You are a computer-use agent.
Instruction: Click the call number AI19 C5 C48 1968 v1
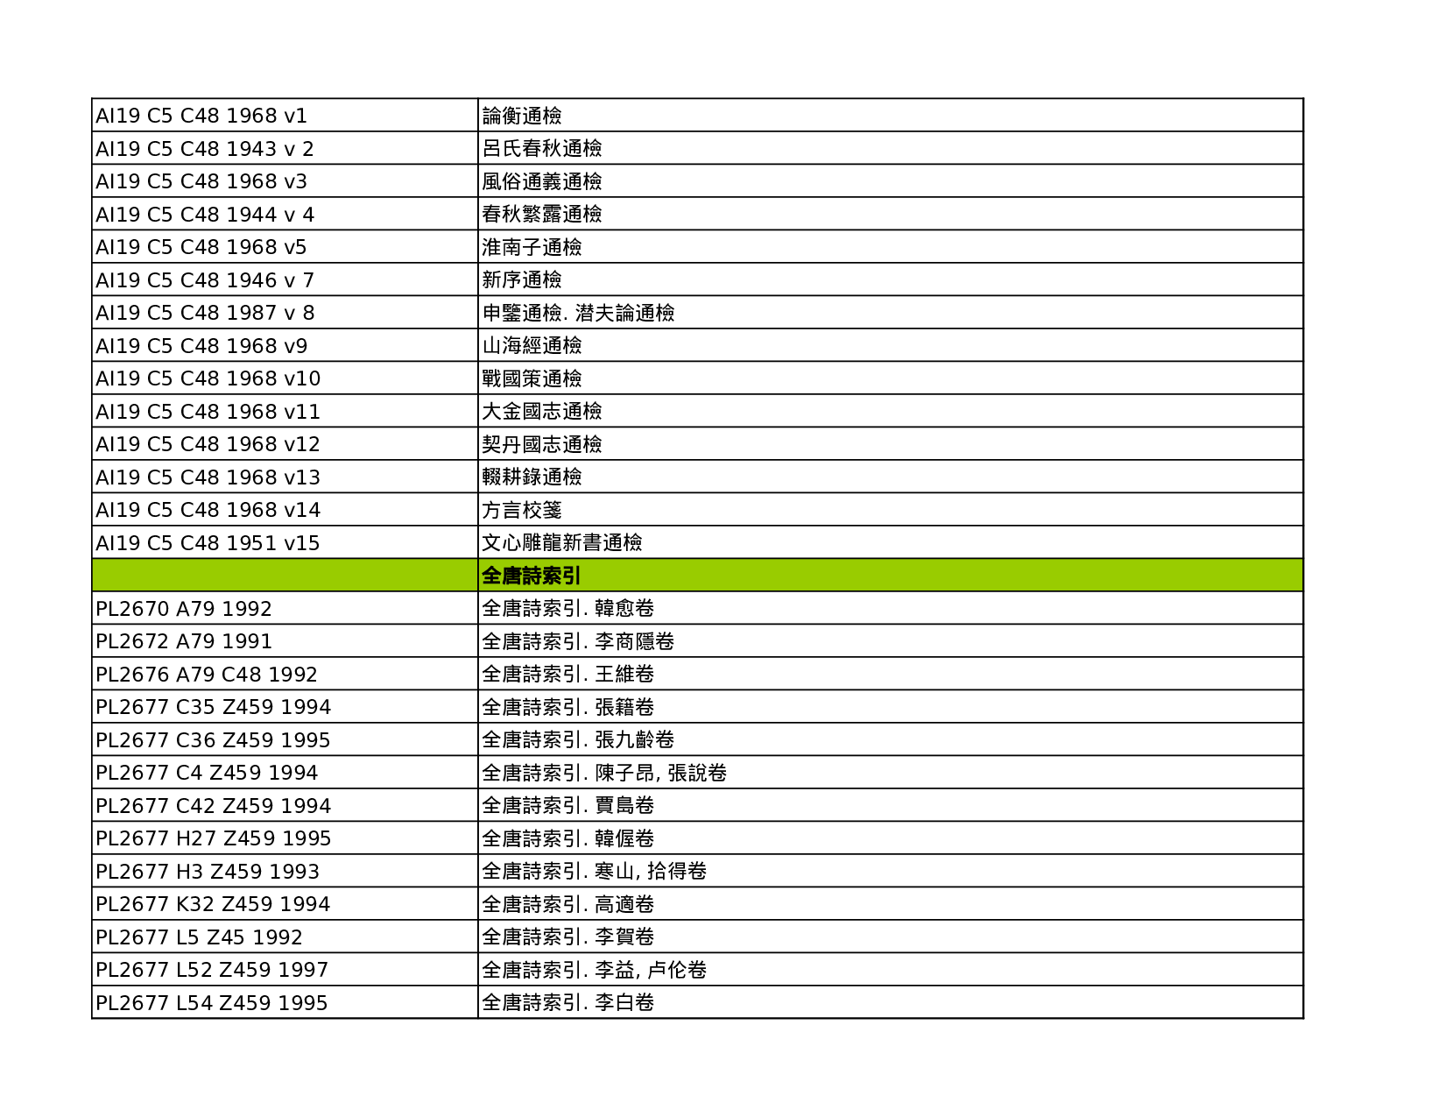click(201, 116)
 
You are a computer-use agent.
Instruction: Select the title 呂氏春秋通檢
click(541, 149)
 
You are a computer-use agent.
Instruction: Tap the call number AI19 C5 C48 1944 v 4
click(204, 215)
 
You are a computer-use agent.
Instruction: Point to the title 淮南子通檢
click(531, 247)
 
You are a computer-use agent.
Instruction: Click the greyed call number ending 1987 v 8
click(204, 313)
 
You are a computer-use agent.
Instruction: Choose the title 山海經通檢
click(531, 346)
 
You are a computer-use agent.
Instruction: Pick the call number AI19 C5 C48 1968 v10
click(208, 378)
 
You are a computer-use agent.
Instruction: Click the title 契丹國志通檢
click(541, 444)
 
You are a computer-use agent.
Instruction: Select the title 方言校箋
click(521, 510)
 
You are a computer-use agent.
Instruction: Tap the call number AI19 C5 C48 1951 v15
click(207, 543)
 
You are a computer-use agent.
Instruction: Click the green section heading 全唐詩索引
click(531, 576)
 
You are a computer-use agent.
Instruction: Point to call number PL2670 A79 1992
click(183, 609)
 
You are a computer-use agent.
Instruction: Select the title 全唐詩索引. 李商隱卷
click(577, 641)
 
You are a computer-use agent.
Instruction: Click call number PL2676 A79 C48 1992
click(206, 675)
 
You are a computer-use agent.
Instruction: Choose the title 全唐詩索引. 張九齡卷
click(577, 740)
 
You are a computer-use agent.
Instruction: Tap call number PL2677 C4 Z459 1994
click(206, 773)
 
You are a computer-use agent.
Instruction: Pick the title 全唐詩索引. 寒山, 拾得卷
click(594, 872)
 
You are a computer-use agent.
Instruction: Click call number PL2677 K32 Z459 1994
click(212, 904)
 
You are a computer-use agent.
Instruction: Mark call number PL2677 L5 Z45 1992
click(198, 937)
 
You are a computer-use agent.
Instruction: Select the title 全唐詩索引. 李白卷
click(567, 1003)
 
